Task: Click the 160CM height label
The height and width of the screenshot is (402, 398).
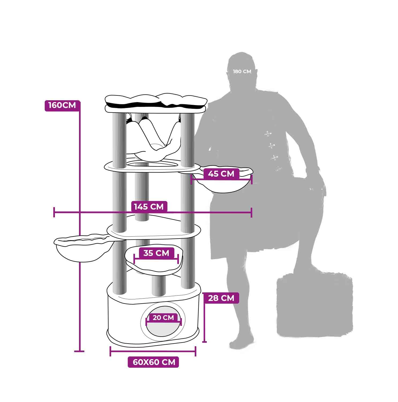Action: coord(62,105)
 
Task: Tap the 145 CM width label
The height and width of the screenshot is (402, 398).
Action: coord(149,207)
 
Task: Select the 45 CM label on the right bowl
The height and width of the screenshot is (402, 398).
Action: coord(221,174)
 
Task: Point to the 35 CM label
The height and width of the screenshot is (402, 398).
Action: coord(156,253)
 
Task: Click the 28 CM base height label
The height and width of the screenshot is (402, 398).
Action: coord(221,298)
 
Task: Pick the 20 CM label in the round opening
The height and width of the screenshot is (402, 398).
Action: coord(163,318)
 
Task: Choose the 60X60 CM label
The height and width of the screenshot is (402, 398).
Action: coord(153,362)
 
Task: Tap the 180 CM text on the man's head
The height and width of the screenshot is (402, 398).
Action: coord(242,72)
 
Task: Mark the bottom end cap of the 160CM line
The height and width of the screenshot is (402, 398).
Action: coord(79,351)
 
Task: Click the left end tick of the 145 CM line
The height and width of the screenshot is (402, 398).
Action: coord(54,212)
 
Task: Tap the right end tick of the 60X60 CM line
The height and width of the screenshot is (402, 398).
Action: coord(196,351)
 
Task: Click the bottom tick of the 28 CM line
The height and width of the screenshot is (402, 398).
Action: coord(205,342)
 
